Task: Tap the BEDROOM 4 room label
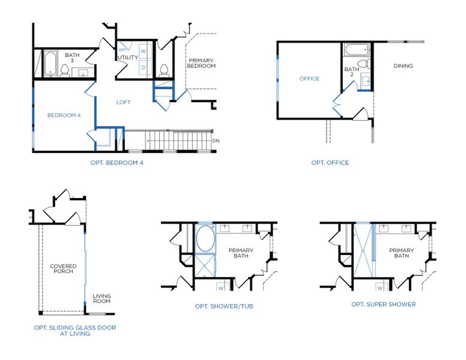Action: (x=64, y=115)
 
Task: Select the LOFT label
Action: (x=123, y=102)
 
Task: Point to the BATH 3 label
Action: (x=72, y=58)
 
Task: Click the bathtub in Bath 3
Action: (x=49, y=64)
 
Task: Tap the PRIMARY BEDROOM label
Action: (x=201, y=63)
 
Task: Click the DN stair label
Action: (x=216, y=141)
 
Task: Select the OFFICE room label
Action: (x=309, y=79)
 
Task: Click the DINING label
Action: (x=403, y=66)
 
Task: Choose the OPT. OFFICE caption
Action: (x=330, y=163)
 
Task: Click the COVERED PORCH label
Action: (x=63, y=269)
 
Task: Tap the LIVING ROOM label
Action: (x=101, y=298)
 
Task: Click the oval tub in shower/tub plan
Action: (x=205, y=239)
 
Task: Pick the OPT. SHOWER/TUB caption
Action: (x=224, y=307)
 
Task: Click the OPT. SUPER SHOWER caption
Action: (x=383, y=304)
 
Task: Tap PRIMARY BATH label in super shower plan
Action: (x=401, y=253)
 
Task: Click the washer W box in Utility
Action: (x=144, y=52)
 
